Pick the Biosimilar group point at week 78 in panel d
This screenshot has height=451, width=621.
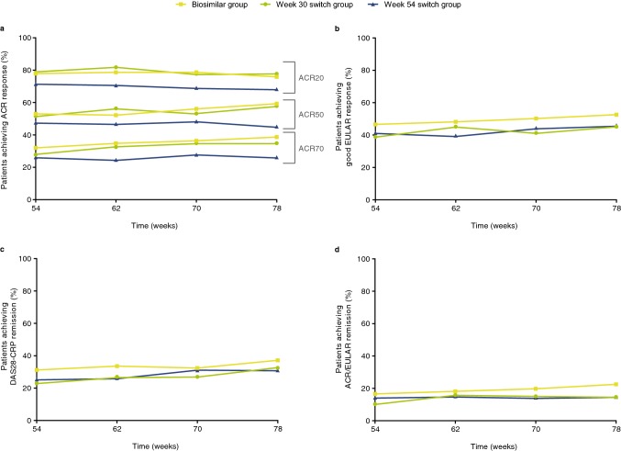pos(615,384)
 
